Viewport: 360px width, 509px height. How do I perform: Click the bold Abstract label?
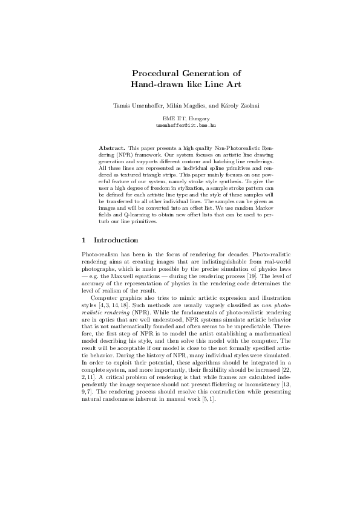[x=113, y=148]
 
